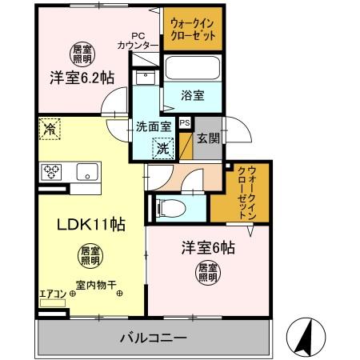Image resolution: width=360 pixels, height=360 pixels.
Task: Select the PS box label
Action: pos(185,122)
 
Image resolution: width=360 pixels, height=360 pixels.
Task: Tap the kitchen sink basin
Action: pos(87,171)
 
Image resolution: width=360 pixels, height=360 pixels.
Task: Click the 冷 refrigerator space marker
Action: pos(50,128)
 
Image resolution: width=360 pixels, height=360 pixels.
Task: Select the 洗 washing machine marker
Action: pos(163,147)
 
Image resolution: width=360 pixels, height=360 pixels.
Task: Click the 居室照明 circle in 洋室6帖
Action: pos(207,273)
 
